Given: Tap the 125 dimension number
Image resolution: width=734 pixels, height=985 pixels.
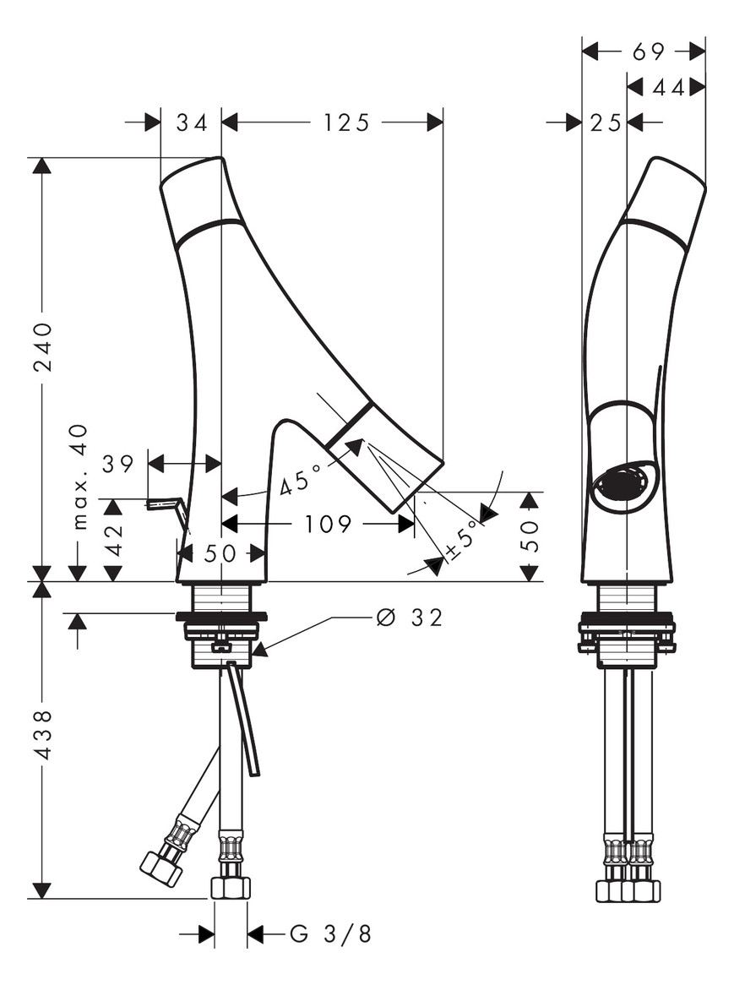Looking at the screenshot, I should point(346,123).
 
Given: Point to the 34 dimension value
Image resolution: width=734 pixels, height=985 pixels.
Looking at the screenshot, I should point(192,123).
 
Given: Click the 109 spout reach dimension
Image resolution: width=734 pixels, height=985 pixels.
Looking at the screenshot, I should point(328,525).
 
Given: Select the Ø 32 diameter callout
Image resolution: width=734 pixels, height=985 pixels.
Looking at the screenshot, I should point(410,618).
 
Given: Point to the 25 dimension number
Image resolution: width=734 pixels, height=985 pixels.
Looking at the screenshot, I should point(606,123).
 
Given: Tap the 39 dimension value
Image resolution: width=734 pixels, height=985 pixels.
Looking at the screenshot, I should point(118,464).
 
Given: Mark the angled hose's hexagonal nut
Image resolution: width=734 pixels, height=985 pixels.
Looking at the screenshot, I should point(161,868).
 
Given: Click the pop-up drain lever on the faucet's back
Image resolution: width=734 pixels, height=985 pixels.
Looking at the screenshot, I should point(166,505).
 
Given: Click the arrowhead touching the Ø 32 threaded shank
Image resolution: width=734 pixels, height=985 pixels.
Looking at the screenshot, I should point(258,650).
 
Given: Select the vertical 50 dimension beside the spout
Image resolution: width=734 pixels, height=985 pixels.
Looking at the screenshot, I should point(530,536).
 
